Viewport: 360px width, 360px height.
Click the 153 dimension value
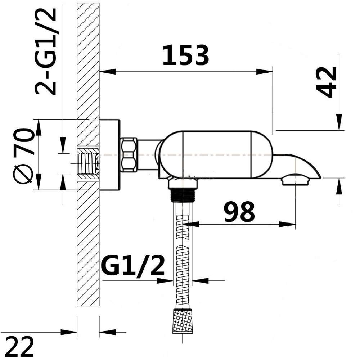185,55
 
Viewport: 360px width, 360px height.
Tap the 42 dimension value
327,82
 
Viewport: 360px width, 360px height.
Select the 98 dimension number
239,212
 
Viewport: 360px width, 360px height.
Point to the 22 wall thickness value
19,347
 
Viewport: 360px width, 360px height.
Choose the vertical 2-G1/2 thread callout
45,51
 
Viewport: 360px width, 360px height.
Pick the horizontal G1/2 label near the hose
133,267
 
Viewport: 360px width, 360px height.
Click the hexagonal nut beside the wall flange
129,155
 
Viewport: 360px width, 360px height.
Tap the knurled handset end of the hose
183,321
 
